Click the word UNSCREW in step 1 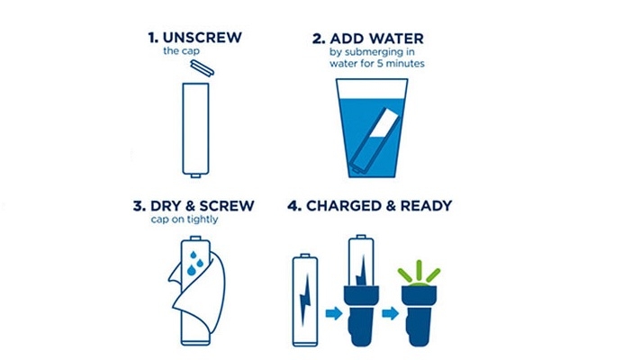pos(203,38)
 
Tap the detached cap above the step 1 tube pos(203,67)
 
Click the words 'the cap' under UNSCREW pos(181,51)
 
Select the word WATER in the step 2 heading pos(396,39)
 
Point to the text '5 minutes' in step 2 pos(401,64)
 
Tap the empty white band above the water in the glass pos(372,88)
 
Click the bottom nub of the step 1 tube pos(195,175)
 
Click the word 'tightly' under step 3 pos(203,220)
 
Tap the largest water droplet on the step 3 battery pos(191,270)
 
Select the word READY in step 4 pos(426,206)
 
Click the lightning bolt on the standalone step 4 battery pos(305,300)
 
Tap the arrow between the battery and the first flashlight pos(334,313)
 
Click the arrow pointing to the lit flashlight pos(390,313)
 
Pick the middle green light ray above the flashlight pos(419,271)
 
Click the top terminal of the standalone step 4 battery pos(305,255)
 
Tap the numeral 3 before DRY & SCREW pos(139,206)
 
